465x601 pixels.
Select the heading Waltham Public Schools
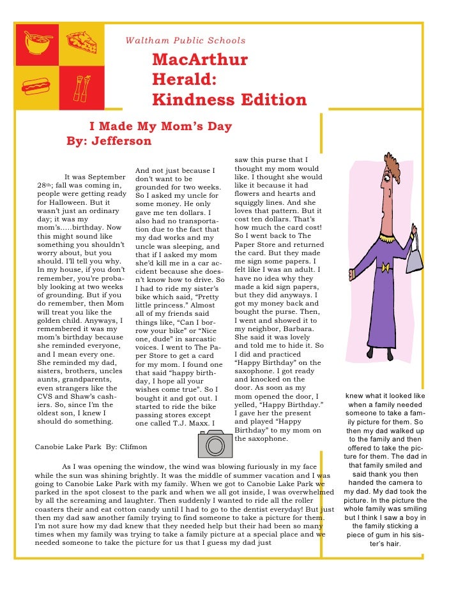click(x=185, y=41)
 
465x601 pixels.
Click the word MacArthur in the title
click(x=199, y=61)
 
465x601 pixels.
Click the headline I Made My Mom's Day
click(x=160, y=126)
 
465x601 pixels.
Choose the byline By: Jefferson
click(x=109, y=141)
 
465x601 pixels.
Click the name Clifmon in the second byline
click(x=133, y=447)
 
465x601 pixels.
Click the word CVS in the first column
click(x=46, y=396)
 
